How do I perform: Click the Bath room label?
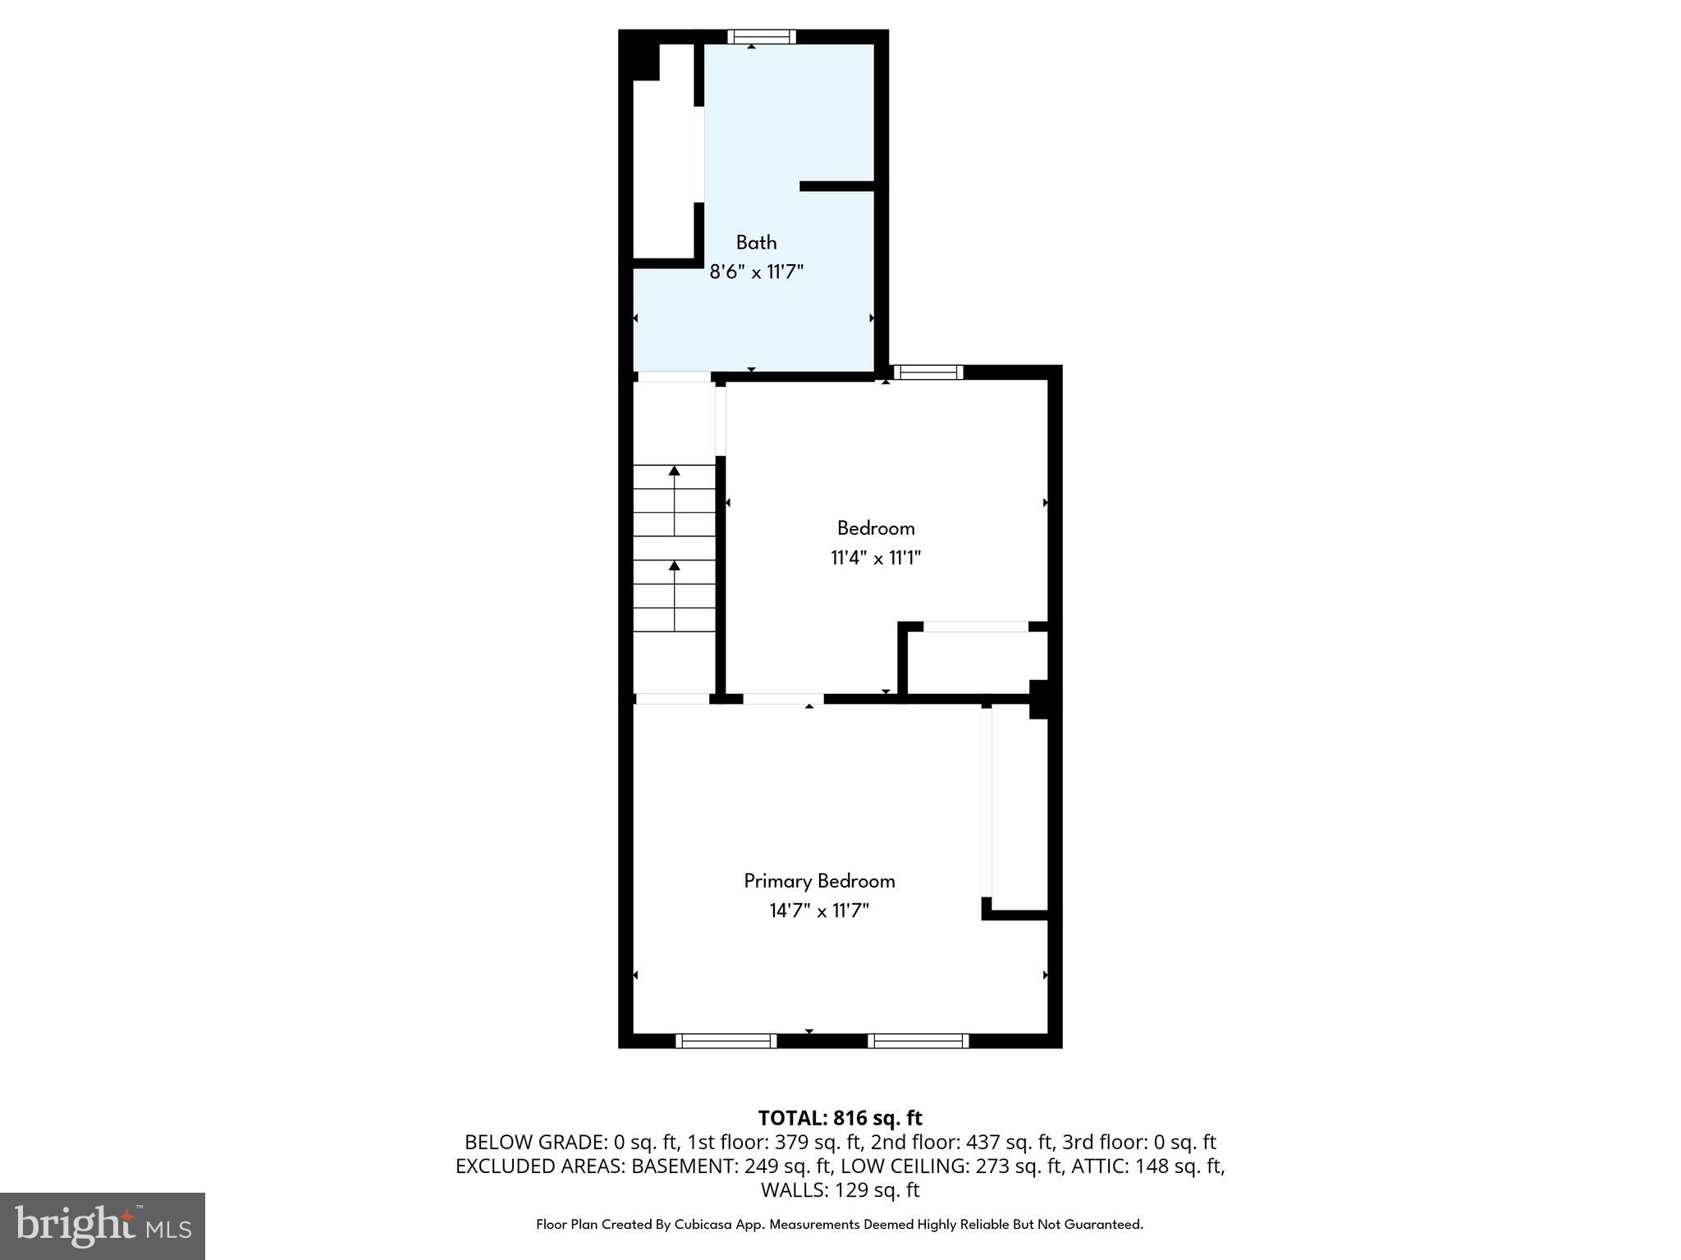tap(756, 243)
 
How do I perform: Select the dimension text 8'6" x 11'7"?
tap(756, 272)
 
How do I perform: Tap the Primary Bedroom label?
tap(819, 881)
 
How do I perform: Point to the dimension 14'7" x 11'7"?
tap(819, 911)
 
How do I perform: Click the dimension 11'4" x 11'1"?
tap(876, 559)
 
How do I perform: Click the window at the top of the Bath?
tap(762, 36)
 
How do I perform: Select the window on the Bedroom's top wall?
tap(928, 372)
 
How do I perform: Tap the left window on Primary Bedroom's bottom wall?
tap(726, 1041)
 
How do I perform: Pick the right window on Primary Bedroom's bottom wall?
tap(918, 1041)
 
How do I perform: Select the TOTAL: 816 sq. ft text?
tap(840, 1118)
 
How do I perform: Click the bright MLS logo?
tap(103, 1226)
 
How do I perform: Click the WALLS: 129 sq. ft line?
tap(840, 1189)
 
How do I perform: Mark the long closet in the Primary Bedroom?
tap(1019, 808)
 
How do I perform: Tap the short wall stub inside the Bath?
tap(837, 186)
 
